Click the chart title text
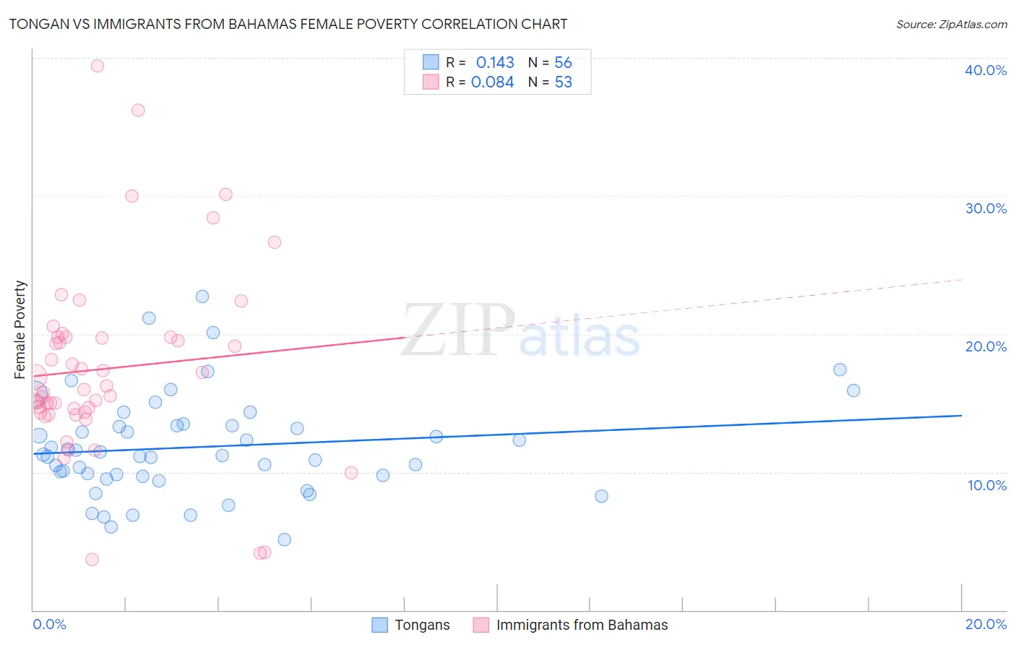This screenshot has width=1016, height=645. pyautogui.click(x=288, y=24)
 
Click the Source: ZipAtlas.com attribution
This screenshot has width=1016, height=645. pyautogui.click(x=951, y=24)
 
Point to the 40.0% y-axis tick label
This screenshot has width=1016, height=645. pyautogui.click(x=986, y=70)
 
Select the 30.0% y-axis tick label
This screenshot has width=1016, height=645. pyautogui.click(x=986, y=208)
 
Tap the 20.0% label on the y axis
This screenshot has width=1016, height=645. pyautogui.click(x=986, y=346)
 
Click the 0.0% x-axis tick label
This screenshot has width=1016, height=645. pyautogui.click(x=49, y=624)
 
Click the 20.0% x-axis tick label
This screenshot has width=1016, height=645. pyautogui.click(x=986, y=624)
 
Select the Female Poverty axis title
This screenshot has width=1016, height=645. pyautogui.click(x=20, y=330)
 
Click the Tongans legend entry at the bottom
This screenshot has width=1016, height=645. pyautogui.click(x=422, y=625)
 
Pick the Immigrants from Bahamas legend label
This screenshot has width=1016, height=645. pyautogui.click(x=582, y=625)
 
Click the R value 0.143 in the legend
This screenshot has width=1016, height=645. pyautogui.click(x=495, y=63)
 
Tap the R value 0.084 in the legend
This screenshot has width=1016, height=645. pyautogui.click(x=492, y=82)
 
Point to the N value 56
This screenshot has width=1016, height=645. pyautogui.click(x=563, y=63)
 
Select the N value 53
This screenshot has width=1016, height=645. pyautogui.click(x=563, y=82)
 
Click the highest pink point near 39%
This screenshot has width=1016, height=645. pyautogui.click(x=98, y=66)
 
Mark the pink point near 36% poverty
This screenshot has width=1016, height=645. pyautogui.click(x=138, y=110)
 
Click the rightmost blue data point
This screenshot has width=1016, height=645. pyautogui.click(x=853, y=390)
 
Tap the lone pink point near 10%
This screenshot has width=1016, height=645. pyautogui.click(x=351, y=473)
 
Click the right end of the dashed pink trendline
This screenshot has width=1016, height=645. pyautogui.click(x=961, y=280)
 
